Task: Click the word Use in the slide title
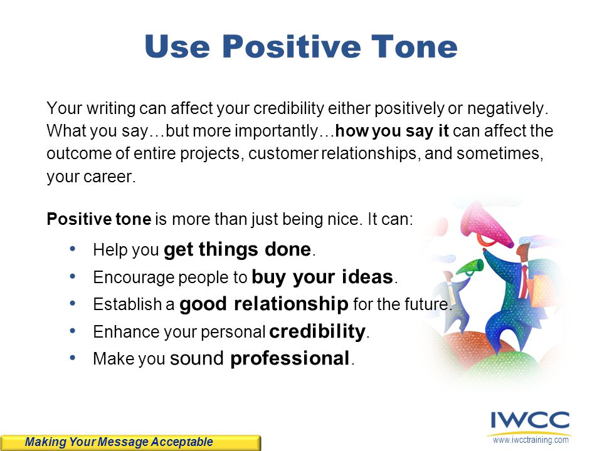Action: pos(177,46)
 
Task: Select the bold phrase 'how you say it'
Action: pos(391,131)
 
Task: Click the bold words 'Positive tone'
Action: pos(98,219)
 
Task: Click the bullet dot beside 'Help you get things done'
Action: pos(73,249)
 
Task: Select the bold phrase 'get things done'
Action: pos(237,250)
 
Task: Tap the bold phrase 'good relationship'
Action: pos(264,304)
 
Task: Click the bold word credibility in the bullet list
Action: pos(317,331)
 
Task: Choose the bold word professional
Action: pos(290,359)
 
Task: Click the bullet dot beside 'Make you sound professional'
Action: pos(73,358)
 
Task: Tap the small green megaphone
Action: pos(470,266)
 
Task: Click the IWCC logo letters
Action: pos(531,421)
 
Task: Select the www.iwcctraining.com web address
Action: pos(531,440)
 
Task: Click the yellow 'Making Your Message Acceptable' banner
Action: pos(130,443)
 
